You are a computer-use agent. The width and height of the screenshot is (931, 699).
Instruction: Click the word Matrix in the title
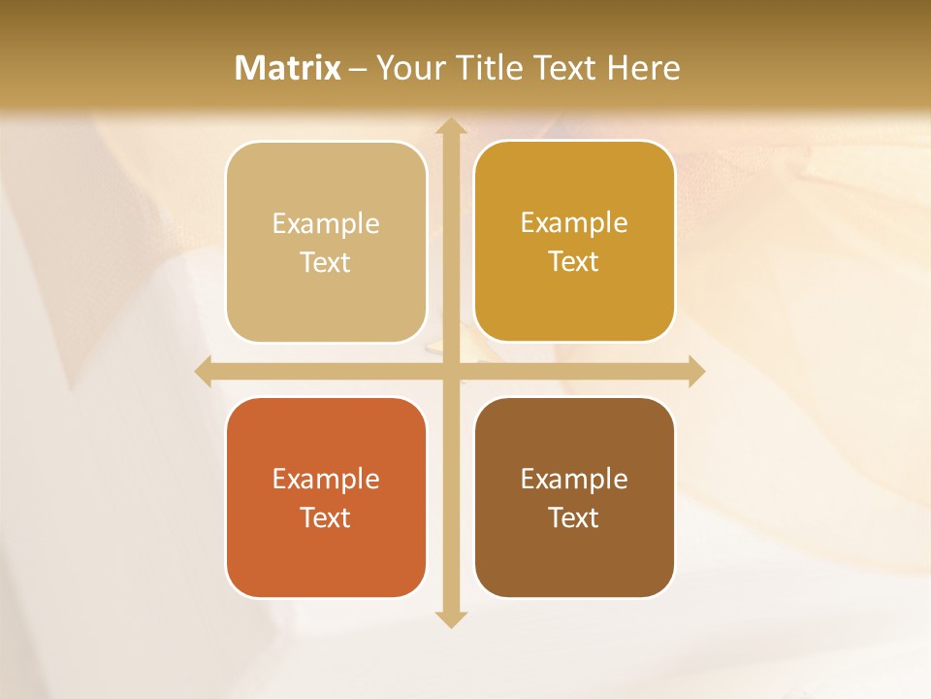(x=288, y=68)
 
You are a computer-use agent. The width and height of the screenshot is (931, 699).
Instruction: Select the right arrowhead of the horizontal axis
(x=696, y=371)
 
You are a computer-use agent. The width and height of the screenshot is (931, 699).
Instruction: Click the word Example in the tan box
(x=326, y=224)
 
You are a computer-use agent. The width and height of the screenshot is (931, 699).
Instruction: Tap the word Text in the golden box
(x=574, y=262)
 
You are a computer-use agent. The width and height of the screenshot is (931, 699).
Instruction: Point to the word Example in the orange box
(x=326, y=479)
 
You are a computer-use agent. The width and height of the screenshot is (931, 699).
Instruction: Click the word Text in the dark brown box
(x=574, y=517)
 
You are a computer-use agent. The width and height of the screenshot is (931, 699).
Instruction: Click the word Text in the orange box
(x=326, y=517)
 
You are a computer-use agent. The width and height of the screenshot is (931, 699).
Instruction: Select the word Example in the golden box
(x=574, y=223)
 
